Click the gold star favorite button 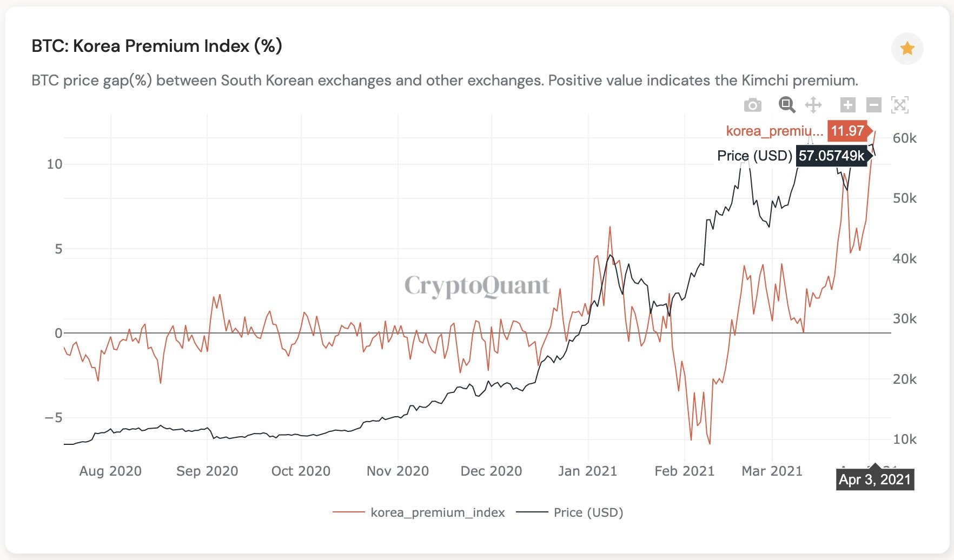point(907,49)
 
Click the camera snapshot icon point(752,105)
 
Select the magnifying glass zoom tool point(787,105)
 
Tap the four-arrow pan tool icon point(813,105)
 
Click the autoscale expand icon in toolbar point(899,105)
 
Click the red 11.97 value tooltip point(847,131)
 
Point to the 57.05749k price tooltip point(832,156)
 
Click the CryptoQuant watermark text point(476,285)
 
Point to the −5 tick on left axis point(53,417)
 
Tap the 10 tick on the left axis point(55,164)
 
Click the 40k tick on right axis point(904,258)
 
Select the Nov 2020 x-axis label point(398,471)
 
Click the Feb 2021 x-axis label point(684,471)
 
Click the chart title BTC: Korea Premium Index point(157,46)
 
